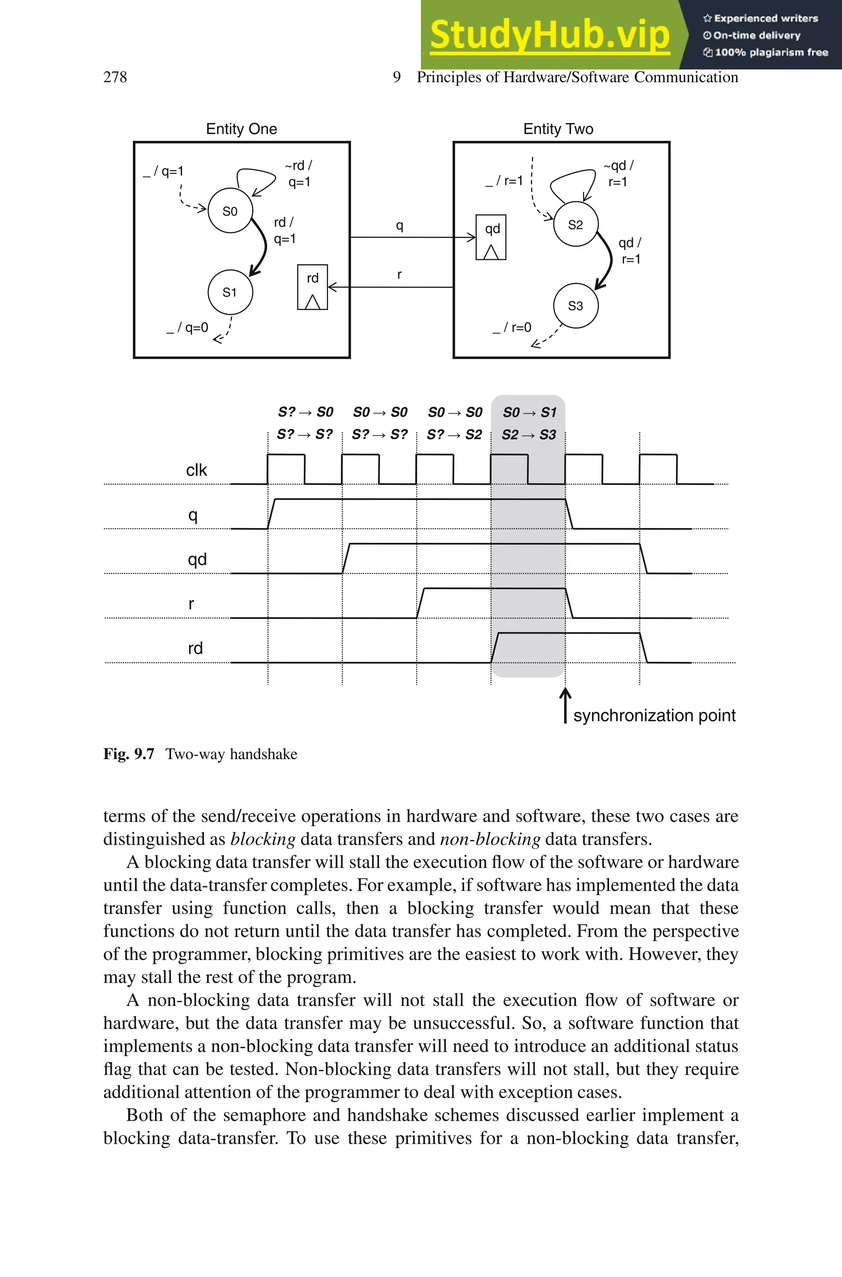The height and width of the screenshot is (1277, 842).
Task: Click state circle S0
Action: coord(230,211)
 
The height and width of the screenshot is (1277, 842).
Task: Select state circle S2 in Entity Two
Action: coord(576,225)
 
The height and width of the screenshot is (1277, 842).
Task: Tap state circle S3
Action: coord(576,306)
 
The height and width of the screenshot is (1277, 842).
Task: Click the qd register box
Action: coord(491,237)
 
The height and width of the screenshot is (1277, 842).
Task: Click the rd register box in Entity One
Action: coord(312,287)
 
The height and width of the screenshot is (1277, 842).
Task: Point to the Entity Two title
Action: coord(558,129)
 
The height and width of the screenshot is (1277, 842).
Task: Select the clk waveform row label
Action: coord(196,470)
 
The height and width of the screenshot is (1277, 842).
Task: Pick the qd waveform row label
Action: coord(197,560)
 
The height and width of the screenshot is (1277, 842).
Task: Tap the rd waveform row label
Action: coord(195,649)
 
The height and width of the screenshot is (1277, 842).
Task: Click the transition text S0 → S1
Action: coord(529,413)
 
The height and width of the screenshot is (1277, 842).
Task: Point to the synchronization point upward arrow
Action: coord(565,705)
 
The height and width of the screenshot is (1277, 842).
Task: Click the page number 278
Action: coord(115,77)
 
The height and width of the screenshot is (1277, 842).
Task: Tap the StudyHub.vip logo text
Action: coord(549,35)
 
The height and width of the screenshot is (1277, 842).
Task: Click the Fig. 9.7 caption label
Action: coord(129,754)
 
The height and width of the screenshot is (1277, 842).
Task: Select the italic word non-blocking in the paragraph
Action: coord(490,839)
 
